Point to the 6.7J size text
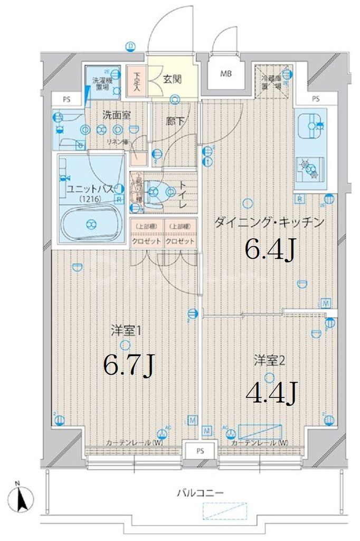128,364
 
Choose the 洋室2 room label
270,361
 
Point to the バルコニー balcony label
200,493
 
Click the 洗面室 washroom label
116,114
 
